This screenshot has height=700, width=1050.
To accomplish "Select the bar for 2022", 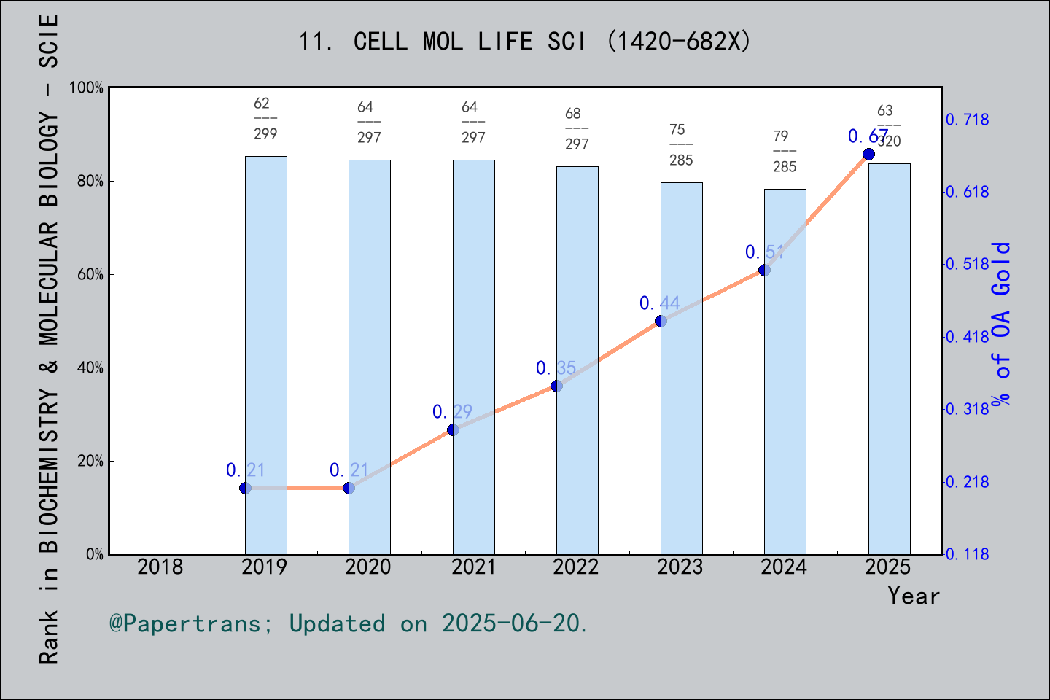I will pos(577,360).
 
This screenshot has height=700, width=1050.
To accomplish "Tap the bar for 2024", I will pos(785,372).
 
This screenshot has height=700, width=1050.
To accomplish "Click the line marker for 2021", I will pos(453,429).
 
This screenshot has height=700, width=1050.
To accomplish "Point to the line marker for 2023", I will pos(661,321).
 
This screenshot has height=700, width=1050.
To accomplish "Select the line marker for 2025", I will pos(868,154).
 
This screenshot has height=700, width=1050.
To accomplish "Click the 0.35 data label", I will pos(556,368).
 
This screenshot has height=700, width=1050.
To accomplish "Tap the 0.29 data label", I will pos(452,412).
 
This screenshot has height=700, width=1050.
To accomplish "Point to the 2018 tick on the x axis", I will pos(160,567).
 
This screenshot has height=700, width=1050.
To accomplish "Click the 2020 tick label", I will pos(368,567).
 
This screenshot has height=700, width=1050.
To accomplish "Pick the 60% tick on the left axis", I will pos(90,275).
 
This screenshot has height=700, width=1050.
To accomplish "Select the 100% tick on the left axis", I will pos(87,87).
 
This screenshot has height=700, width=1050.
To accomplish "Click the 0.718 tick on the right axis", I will pos(968,120).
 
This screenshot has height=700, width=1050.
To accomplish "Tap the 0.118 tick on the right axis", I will pos(968,554).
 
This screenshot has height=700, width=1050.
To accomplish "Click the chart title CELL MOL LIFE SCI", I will pos(524,42).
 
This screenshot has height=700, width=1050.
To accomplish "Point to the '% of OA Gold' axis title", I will pos(1001,323).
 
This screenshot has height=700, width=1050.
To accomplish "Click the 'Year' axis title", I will pos(914,596).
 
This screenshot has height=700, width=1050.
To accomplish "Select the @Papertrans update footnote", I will pos(349,623).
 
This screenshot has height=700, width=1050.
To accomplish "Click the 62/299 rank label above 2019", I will pos(265,118).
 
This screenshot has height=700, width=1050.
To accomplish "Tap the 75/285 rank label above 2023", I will pos(680,144).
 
